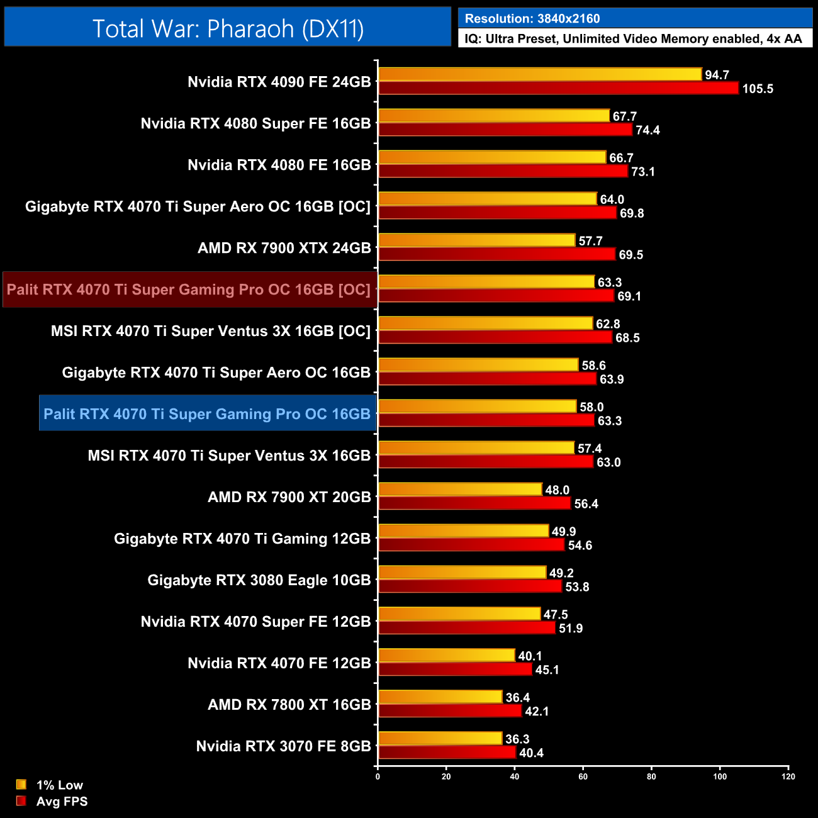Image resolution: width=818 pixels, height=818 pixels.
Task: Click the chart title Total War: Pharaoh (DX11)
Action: pyautogui.click(x=228, y=28)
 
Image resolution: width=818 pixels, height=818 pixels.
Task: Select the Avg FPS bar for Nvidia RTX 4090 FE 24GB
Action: pyautogui.click(x=558, y=88)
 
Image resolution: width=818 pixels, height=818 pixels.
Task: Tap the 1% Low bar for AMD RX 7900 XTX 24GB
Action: pyautogui.click(x=477, y=240)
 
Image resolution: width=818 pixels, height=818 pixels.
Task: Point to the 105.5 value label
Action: pyautogui.click(x=758, y=89)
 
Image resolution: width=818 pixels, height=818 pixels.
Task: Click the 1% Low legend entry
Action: pyautogui.click(x=59, y=785)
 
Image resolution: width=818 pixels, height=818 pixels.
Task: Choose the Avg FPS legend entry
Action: pyautogui.click(x=62, y=802)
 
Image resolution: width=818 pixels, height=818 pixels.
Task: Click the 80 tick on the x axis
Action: pyautogui.click(x=651, y=776)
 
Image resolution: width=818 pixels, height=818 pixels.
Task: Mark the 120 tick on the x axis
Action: pyautogui.click(x=788, y=776)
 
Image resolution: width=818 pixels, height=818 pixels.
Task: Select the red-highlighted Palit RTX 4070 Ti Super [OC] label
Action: pyautogui.click(x=189, y=289)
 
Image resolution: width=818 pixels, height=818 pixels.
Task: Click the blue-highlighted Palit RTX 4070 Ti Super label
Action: pyautogui.click(x=207, y=414)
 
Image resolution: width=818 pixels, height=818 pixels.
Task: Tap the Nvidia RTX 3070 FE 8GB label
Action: pyautogui.click(x=283, y=746)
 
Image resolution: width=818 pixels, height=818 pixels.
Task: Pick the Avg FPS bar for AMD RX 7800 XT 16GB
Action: pyautogui.click(x=450, y=711)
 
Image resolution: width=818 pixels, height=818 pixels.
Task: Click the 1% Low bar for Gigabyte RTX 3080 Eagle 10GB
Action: pyautogui.click(x=462, y=573)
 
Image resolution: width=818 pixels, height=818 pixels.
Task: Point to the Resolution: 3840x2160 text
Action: pyautogui.click(x=532, y=19)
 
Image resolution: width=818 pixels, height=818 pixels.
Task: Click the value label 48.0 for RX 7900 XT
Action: pyautogui.click(x=557, y=490)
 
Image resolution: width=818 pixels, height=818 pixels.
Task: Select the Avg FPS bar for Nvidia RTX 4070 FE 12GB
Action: pyautogui.click(x=455, y=670)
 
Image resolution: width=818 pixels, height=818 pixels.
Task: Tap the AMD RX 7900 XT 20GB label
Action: pyautogui.click(x=289, y=497)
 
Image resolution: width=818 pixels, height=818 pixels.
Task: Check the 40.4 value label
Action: pyautogui.click(x=531, y=753)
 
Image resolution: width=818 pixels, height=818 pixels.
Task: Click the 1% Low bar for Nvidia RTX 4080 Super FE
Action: pyautogui.click(x=494, y=116)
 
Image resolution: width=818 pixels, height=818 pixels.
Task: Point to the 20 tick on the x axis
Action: pyautogui.click(x=446, y=776)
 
